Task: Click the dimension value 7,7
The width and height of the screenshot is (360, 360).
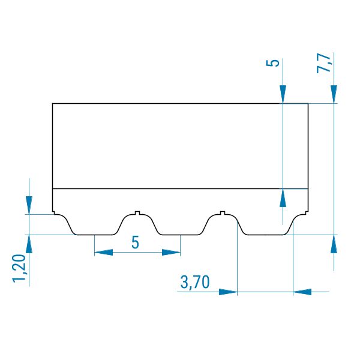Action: pyautogui.click(x=323, y=63)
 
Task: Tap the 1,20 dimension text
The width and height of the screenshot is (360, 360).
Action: pyautogui.click(x=19, y=268)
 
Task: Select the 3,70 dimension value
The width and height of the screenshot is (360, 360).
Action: pyautogui.click(x=195, y=282)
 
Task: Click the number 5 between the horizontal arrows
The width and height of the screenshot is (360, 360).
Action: pyautogui.click(x=135, y=242)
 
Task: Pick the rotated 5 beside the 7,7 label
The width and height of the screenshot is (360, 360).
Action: pyautogui.click(x=272, y=63)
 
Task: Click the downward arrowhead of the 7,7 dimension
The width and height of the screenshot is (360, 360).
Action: pyautogui.click(x=334, y=94)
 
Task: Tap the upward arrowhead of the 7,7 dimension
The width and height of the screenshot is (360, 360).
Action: pyautogui.click(x=334, y=244)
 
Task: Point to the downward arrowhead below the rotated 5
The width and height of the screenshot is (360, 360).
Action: pyautogui.click(x=283, y=94)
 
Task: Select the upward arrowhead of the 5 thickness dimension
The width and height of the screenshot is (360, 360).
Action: pyautogui.click(x=283, y=198)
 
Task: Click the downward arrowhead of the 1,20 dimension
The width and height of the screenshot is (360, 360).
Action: pyautogui.click(x=29, y=205)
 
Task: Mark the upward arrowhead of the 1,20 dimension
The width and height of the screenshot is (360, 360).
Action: pyautogui.click(x=29, y=244)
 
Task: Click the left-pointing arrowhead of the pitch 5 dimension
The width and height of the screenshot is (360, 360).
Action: pyautogui.click(x=104, y=253)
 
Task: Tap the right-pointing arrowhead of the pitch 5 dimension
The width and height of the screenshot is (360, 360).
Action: pyautogui.click(x=171, y=253)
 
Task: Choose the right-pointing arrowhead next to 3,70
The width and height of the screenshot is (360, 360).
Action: pyautogui.click(x=228, y=292)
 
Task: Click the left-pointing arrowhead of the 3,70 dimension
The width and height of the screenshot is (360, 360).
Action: pyautogui.click(x=302, y=292)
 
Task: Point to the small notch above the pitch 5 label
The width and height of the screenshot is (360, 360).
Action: pyautogui.click(x=137, y=213)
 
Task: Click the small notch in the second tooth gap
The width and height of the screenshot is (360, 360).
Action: pyautogui.click(x=222, y=213)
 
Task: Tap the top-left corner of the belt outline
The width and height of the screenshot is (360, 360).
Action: pyautogui.click(x=53, y=104)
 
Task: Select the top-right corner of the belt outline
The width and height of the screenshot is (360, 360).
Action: pyautogui.click(x=308, y=104)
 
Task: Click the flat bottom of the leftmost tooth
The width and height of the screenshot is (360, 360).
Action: pyautogui.click(x=95, y=235)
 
